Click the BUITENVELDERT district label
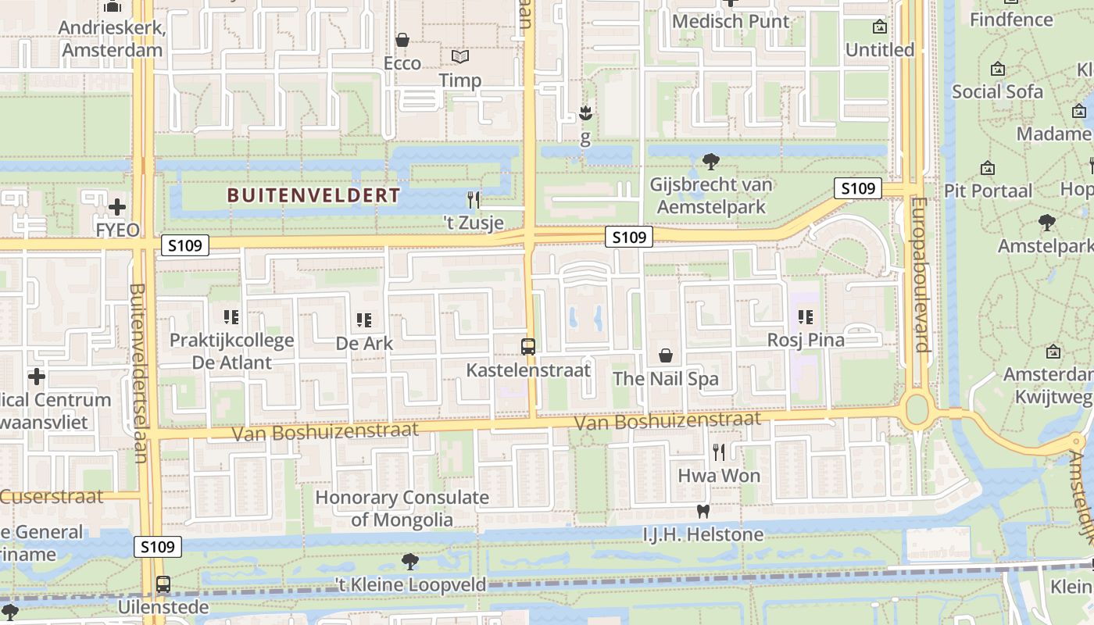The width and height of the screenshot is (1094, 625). click(x=313, y=195)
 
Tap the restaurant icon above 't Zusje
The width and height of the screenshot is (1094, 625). click(x=473, y=199)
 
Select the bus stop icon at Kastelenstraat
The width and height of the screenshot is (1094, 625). click(x=528, y=346)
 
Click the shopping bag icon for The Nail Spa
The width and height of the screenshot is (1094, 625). click(x=666, y=356)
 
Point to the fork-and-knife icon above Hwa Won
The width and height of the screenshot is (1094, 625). click(x=719, y=452)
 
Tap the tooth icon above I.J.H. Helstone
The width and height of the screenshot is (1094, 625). click(x=703, y=512)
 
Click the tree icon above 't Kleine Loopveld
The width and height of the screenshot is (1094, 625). click(x=409, y=561)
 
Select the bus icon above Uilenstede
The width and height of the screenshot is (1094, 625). click(x=163, y=584)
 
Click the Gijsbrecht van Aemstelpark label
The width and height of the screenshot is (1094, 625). click(x=710, y=196)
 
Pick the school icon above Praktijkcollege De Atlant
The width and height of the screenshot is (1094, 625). click(x=231, y=317)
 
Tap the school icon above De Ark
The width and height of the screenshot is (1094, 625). click(x=363, y=320)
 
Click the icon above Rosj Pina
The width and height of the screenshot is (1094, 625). click(x=806, y=317)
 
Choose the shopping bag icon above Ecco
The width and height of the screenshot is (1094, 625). click(x=402, y=40)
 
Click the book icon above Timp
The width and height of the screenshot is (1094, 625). click(x=460, y=57)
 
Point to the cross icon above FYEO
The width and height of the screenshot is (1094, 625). click(x=117, y=207)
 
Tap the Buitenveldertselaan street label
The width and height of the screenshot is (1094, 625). click(x=138, y=373)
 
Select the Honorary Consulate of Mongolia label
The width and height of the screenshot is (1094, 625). click(x=402, y=508)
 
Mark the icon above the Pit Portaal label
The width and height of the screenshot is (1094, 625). click(x=988, y=168)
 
